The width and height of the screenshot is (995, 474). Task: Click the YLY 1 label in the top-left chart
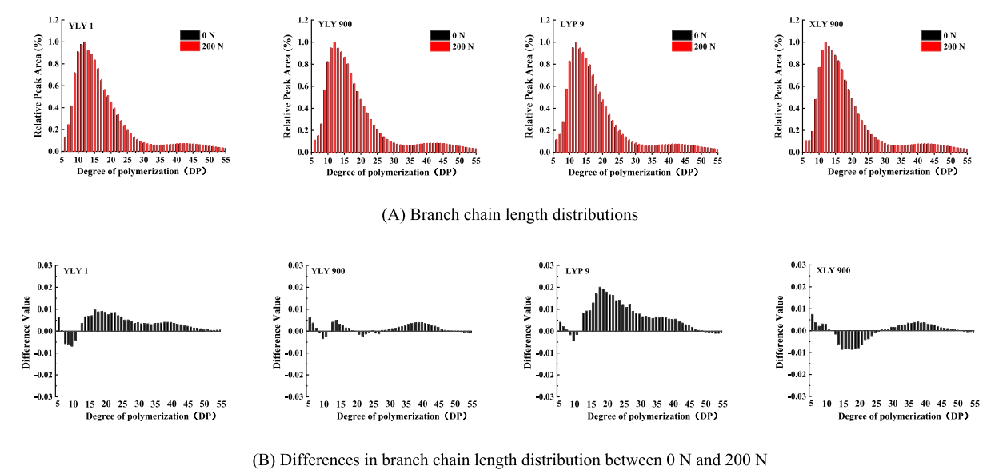[79, 24]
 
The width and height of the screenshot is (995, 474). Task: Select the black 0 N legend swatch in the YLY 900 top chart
[440, 35]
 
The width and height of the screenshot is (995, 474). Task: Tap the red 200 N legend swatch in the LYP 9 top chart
[682, 46]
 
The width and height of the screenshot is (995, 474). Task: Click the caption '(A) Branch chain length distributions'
[499, 214]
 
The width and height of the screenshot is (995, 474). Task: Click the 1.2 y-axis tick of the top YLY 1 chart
[52, 19]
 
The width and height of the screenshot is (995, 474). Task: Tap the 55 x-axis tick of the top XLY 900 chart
[967, 161]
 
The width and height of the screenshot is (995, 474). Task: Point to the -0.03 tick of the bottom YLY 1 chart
[44, 396]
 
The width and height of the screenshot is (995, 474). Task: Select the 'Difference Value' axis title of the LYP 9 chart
[528, 330]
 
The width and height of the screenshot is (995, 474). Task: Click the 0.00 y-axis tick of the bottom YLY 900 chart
[295, 331]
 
